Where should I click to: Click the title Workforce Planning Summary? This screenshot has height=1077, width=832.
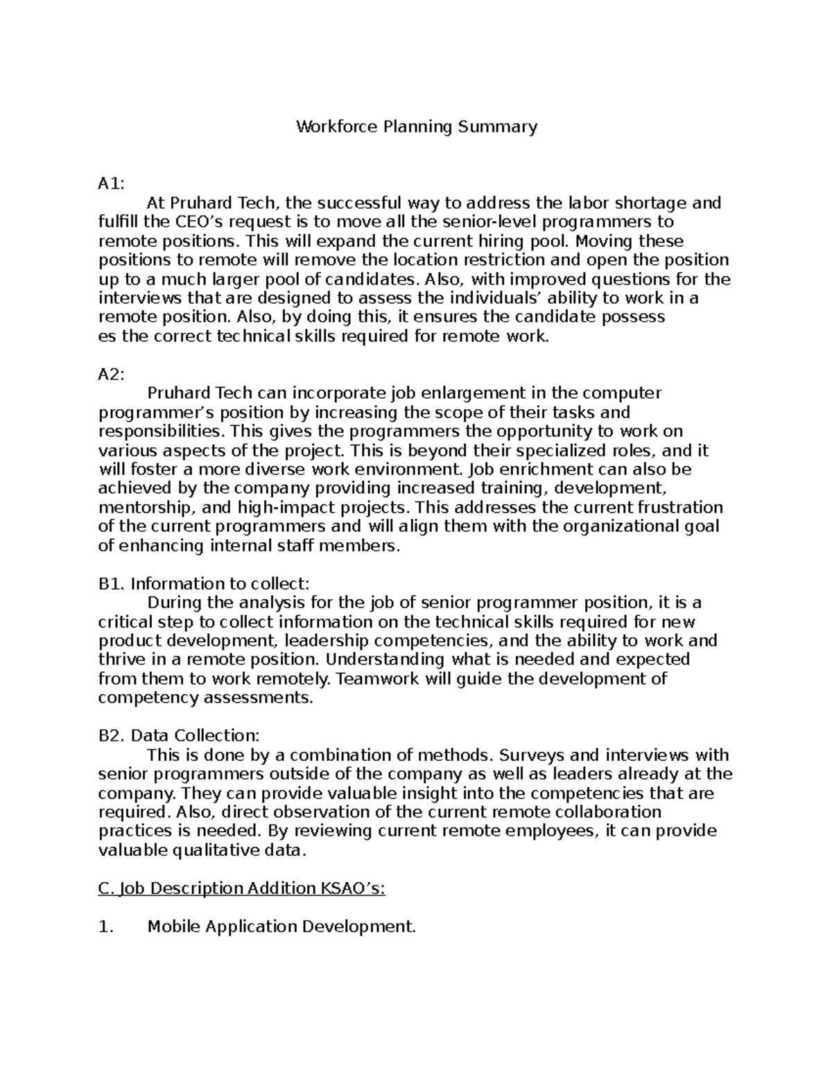[x=417, y=127]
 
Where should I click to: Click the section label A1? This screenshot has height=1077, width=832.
[x=112, y=184]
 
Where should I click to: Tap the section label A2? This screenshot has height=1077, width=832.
[x=112, y=374]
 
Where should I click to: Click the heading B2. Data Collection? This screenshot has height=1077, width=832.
[x=179, y=735]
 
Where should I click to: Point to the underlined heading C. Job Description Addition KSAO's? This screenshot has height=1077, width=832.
[x=242, y=888]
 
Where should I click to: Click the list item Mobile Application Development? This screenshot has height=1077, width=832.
[x=281, y=927]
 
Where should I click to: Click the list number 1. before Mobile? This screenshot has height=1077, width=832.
[x=105, y=927]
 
